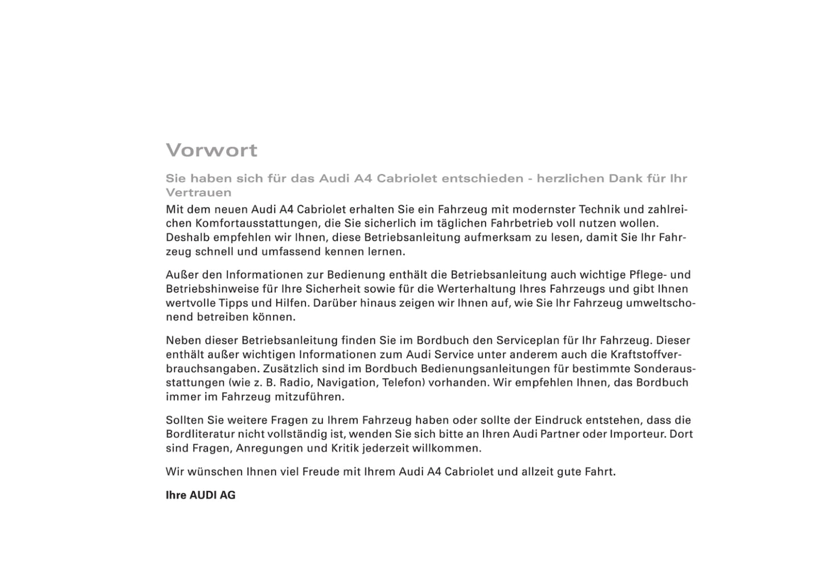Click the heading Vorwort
211,151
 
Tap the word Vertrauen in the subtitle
198,193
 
